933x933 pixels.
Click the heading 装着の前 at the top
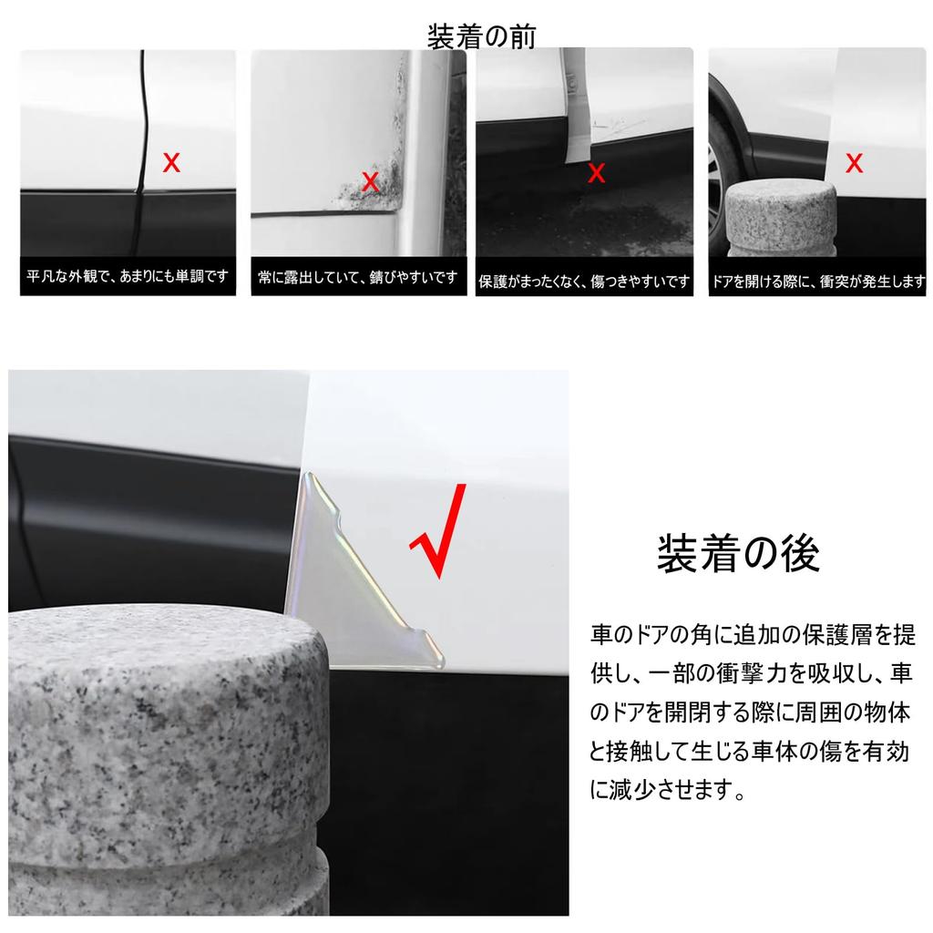(x=481, y=36)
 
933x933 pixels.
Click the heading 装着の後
(x=738, y=553)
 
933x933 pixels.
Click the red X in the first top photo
(x=170, y=164)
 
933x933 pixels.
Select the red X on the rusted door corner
(x=370, y=181)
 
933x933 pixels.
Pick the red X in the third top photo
(x=596, y=174)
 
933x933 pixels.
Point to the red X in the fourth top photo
(x=854, y=164)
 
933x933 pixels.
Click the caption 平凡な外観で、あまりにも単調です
(x=128, y=276)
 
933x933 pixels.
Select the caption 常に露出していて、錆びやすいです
(x=357, y=277)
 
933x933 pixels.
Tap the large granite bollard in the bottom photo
(x=164, y=756)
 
